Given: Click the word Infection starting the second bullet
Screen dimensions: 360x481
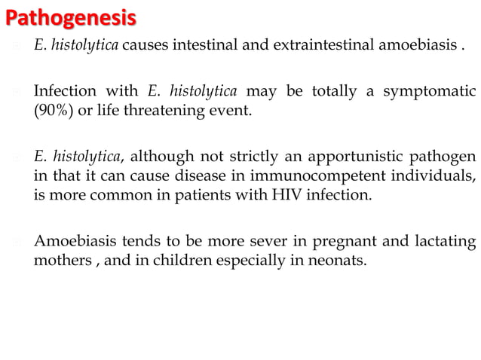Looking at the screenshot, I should pos(65,93).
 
